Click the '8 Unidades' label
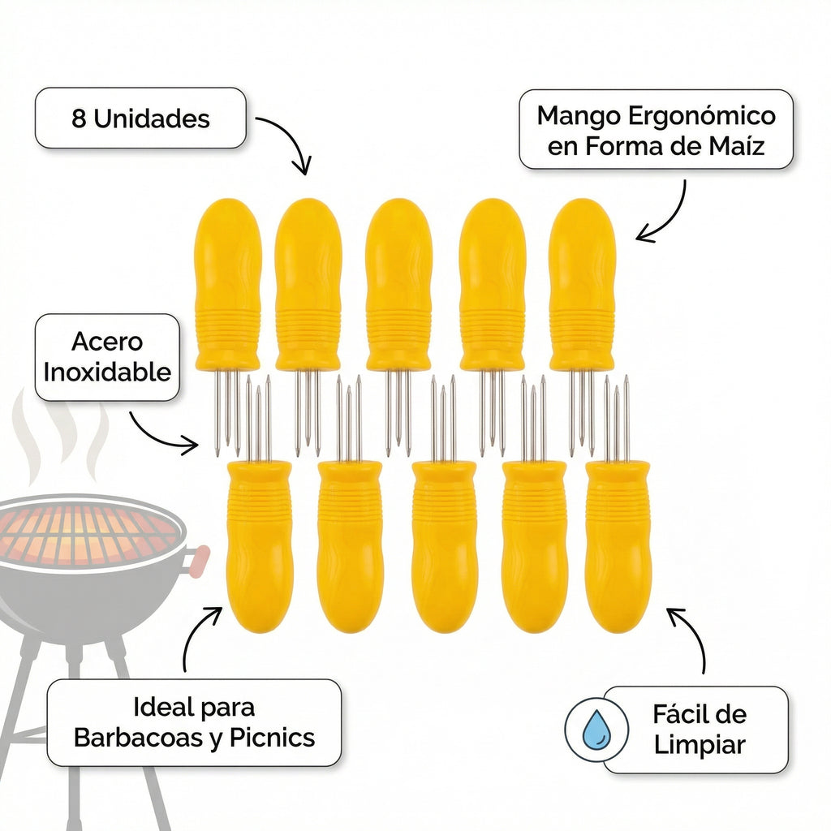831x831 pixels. point(140,118)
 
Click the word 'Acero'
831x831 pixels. point(107,342)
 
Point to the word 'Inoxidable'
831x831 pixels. point(107,372)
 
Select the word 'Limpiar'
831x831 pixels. point(700,745)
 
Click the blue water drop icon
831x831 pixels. point(596,730)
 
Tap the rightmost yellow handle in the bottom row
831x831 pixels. point(618,547)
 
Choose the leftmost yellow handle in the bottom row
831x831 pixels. point(260,547)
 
